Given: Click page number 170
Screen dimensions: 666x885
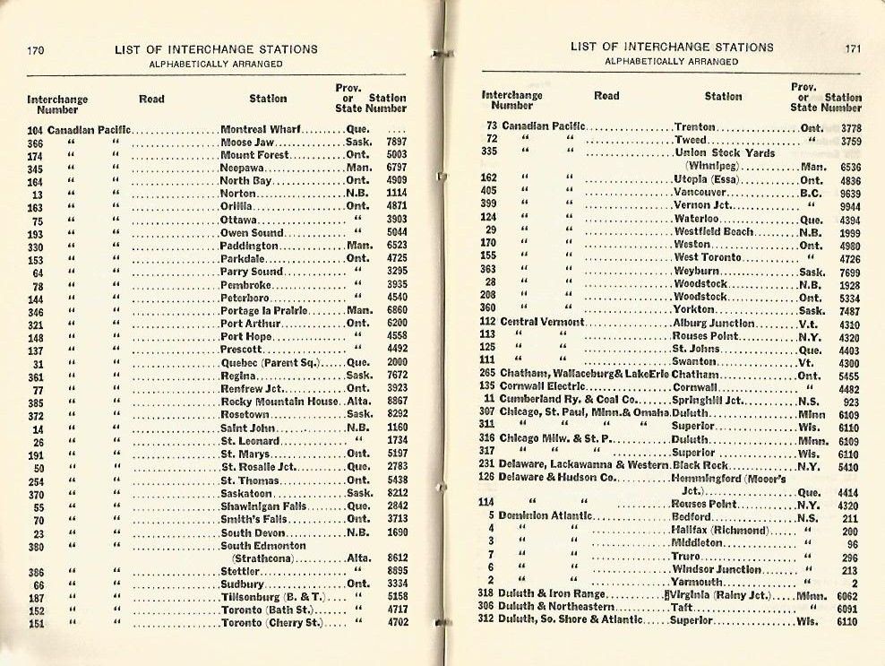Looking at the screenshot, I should pos(36,50).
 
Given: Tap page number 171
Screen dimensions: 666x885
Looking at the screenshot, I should pos(852,49).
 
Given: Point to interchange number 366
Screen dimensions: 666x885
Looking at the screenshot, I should pos(35,143).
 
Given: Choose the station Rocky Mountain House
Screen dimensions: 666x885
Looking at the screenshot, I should pos(280,402).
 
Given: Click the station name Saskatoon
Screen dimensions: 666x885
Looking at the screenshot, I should pos(246,494).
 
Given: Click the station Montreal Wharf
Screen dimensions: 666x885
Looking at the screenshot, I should pos(261,129).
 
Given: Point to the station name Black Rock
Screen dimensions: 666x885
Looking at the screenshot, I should pos(704,466).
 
